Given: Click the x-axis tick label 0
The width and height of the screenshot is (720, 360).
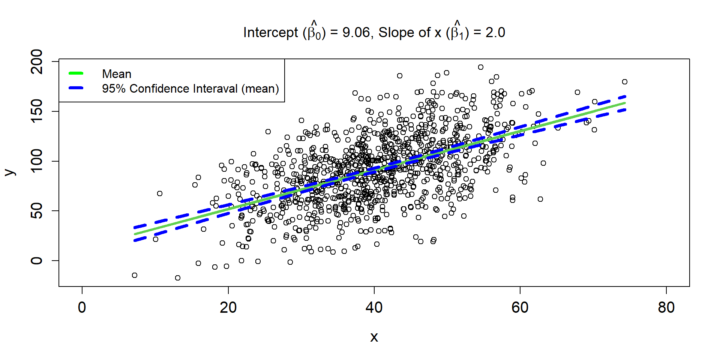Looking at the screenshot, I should point(82,308).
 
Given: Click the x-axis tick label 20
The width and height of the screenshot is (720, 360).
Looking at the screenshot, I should point(228,308).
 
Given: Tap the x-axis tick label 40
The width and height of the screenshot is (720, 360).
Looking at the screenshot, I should point(374,308).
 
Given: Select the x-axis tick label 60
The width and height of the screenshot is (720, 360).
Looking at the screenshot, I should point(520,308).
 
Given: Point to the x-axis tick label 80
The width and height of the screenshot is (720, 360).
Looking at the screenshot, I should point(666,308).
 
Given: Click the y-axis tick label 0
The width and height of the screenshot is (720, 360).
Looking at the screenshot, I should point(37,261).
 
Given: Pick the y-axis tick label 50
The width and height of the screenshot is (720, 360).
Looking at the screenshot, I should point(37,211).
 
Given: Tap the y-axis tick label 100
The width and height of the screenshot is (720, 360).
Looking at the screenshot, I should point(37,161).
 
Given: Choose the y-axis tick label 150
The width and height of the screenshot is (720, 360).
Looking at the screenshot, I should point(37,111).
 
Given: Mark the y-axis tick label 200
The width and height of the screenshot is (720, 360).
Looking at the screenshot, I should point(37,61).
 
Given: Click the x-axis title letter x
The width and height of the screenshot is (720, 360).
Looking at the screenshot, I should point(374,337).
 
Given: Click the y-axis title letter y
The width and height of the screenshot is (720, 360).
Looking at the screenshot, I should point(10,172).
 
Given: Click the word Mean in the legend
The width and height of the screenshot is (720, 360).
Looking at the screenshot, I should point(117,74).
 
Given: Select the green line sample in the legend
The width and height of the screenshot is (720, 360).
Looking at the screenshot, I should point(76,73).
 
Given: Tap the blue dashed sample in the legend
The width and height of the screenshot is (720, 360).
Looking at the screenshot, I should point(76,88).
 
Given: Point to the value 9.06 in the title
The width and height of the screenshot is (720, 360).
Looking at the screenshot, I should point(356,33).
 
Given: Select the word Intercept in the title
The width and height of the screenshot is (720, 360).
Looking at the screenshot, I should point(271,33).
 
